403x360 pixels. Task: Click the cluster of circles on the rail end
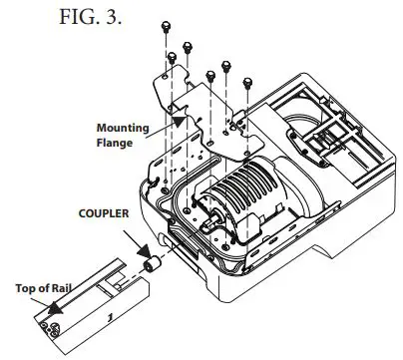48,324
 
